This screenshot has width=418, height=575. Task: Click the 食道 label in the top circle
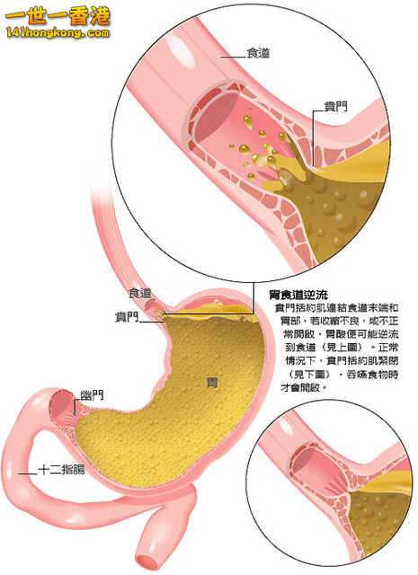click(258, 54)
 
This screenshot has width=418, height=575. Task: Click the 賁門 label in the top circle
click(335, 106)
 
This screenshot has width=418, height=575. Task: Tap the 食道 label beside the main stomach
click(140, 293)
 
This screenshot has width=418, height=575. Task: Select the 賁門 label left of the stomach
click(127, 316)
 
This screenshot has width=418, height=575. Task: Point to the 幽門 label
click(92, 395)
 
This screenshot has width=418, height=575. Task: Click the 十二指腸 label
click(62, 469)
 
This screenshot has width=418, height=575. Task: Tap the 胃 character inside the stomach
click(212, 383)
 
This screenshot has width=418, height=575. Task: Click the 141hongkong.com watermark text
click(58, 33)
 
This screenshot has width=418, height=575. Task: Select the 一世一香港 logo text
click(58, 15)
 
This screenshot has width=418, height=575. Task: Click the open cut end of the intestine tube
click(148, 562)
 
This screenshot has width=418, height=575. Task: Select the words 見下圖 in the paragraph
click(312, 374)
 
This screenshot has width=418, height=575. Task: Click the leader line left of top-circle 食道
click(233, 57)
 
